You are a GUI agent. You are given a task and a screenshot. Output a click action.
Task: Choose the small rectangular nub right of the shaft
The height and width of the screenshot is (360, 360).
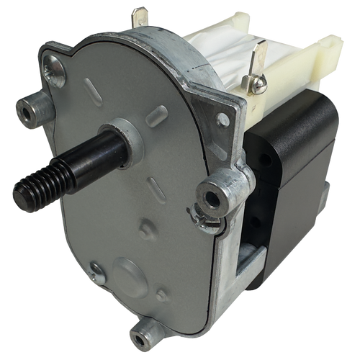click(156, 115)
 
